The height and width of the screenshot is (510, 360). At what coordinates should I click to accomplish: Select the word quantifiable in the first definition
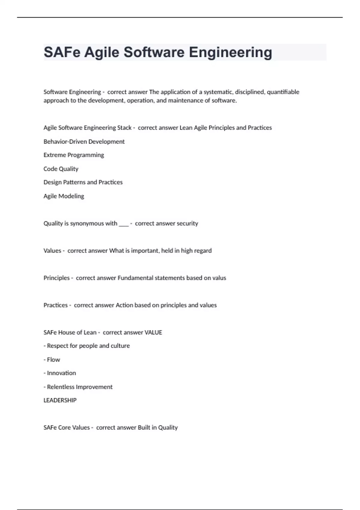(283, 92)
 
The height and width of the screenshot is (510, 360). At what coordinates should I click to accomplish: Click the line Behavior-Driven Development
(84, 142)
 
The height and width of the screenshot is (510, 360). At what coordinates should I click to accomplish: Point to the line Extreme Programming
(74, 155)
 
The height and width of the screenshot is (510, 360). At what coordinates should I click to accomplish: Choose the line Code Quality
(61, 169)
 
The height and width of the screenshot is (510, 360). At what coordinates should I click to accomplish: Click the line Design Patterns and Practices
(83, 182)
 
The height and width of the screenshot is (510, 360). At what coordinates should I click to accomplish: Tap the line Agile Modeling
(64, 196)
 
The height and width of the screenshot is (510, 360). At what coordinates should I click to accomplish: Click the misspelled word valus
(219, 278)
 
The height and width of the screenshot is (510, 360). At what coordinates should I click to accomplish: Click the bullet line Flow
(53, 360)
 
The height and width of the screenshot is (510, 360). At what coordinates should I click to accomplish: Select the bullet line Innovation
(61, 373)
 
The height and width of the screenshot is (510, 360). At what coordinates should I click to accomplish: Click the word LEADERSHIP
(60, 400)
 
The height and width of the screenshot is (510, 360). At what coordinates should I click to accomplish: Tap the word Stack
(124, 128)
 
